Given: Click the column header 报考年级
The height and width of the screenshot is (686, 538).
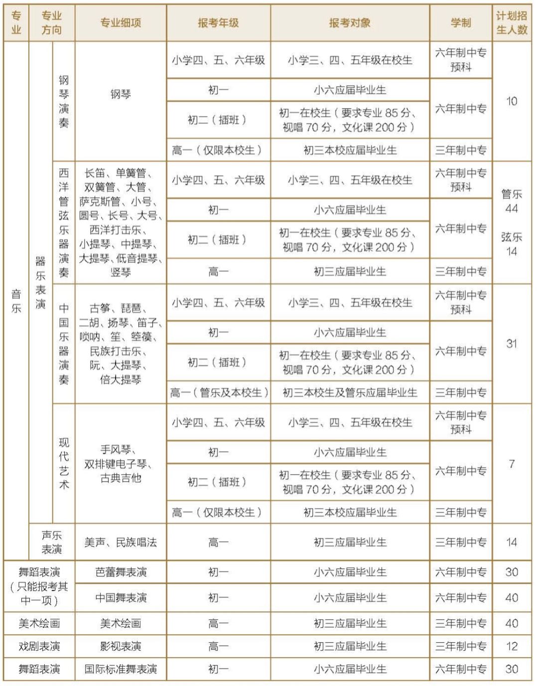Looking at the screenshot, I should [218, 23].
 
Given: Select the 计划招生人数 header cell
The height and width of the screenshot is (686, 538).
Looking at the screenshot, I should [512, 23].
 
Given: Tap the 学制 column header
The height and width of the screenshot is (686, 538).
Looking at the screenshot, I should [461, 23].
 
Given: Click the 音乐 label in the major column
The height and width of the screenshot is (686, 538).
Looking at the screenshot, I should [16, 301].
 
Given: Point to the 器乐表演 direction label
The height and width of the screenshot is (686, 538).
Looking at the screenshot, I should [40, 282].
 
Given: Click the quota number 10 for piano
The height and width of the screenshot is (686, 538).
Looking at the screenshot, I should [512, 101].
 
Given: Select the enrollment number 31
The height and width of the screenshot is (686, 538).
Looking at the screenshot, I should [512, 343].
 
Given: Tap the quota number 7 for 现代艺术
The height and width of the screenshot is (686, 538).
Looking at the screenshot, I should [512, 464].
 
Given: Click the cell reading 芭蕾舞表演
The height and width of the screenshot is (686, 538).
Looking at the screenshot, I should [121, 572].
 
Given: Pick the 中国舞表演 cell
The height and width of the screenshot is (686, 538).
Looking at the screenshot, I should [121, 597].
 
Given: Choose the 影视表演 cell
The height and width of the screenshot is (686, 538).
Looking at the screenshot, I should [121, 646].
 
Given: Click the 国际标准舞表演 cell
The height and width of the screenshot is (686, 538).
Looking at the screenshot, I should [121, 669].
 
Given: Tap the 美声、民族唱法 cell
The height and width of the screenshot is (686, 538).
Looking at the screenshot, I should [121, 542].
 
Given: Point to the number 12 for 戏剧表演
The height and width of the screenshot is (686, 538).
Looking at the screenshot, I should [512, 646].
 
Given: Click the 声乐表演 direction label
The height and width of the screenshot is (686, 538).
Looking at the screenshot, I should [52, 542].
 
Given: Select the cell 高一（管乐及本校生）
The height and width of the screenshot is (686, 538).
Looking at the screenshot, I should [219, 393].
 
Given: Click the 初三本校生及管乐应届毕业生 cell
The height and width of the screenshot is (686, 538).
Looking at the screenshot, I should [350, 393].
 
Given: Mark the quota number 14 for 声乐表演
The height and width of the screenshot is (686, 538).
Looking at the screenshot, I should [512, 542].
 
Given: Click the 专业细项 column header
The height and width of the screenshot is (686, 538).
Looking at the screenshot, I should [121, 23].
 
